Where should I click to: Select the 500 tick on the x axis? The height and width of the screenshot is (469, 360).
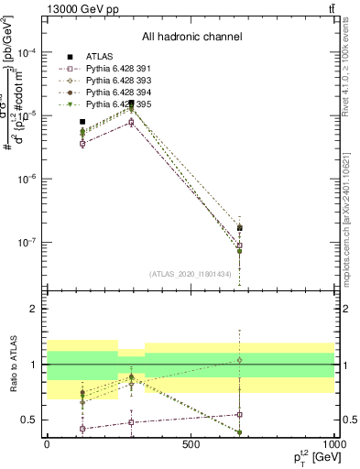[191, 443]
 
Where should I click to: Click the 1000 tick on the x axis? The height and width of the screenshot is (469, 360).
[333, 443]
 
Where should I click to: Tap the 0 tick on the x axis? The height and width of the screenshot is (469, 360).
[48, 443]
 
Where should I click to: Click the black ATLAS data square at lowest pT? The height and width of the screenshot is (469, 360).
[82, 122]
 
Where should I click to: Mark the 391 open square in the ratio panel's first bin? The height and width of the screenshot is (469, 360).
[82, 429]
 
